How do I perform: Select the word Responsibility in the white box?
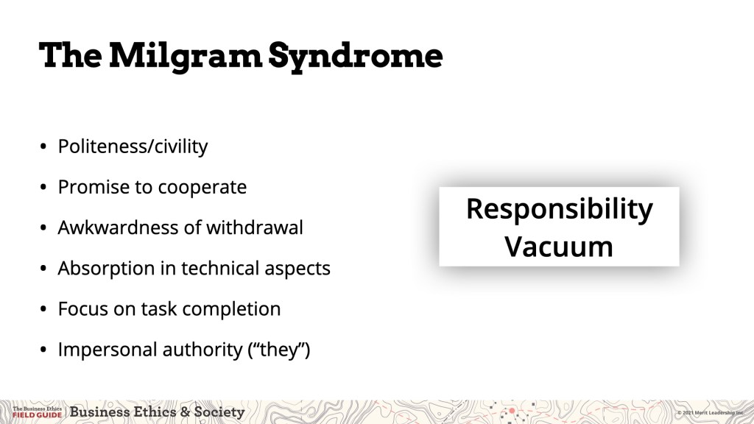coord(560,210)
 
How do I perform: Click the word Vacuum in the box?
coord(559,247)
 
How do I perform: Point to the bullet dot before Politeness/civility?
coord(43,146)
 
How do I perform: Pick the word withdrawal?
coord(254,227)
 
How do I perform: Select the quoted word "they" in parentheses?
coord(279,350)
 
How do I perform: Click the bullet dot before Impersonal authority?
coord(43,350)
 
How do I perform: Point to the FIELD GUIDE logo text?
coord(37,415)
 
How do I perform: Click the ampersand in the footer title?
coord(185,412)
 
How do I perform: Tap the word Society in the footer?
coord(219,412)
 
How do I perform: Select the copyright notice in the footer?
coord(711,413)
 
